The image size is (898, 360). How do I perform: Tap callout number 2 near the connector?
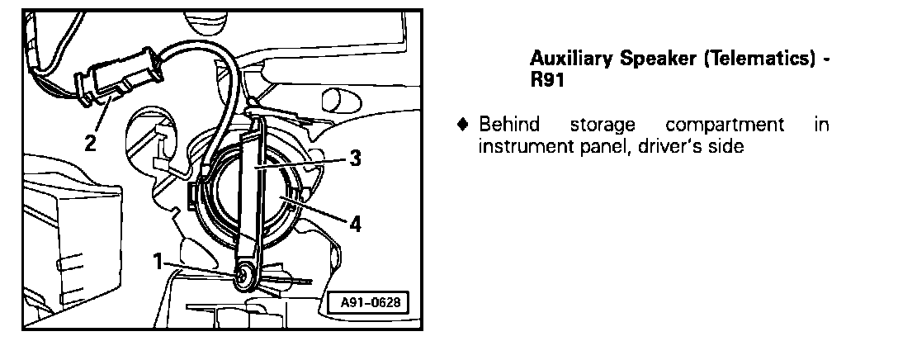(90, 142)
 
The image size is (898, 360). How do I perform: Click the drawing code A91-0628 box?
(371, 302)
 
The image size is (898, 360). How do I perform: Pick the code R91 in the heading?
(546, 82)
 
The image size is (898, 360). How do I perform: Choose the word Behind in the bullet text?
(509, 125)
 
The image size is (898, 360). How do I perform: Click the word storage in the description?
(603, 126)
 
